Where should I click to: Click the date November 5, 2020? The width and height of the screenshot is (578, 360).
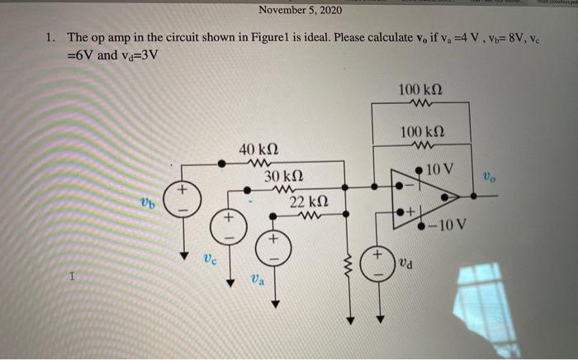(299, 10)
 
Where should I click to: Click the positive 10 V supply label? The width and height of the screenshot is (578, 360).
(441, 169)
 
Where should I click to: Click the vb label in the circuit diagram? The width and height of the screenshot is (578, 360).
(146, 201)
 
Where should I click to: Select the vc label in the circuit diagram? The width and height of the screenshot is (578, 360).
(211, 258)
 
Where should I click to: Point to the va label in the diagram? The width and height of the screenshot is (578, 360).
(257, 282)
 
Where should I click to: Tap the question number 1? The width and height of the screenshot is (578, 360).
(50, 37)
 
